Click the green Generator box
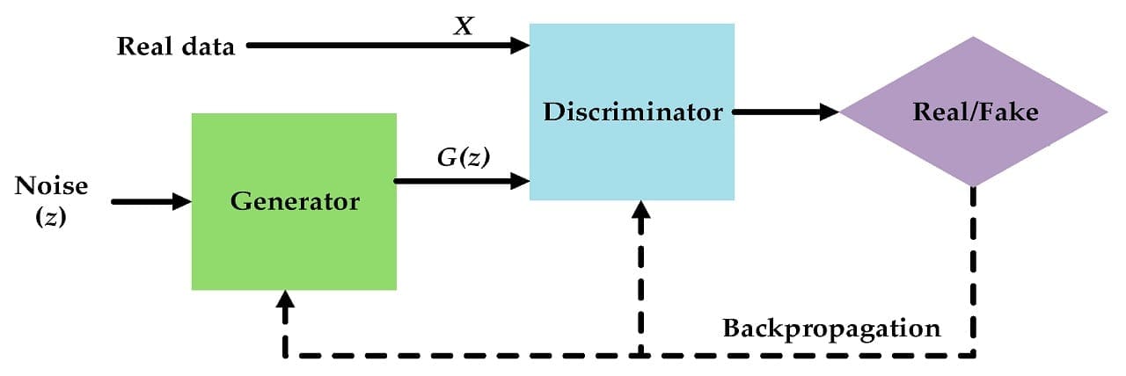tap(294, 246)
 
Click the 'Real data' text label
tap(176, 47)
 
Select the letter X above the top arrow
tap(462, 27)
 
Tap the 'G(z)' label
tap(463, 158)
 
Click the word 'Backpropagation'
tap(831, 329)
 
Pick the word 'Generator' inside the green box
tap(295, 201)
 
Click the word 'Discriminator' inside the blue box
tap(632, 112)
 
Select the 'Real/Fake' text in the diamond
tap(976, 112)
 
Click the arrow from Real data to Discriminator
tap(378, 46)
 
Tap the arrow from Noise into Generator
tap(145, 202)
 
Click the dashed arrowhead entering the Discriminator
tap(641, 211)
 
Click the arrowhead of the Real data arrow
tap(519, 46)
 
